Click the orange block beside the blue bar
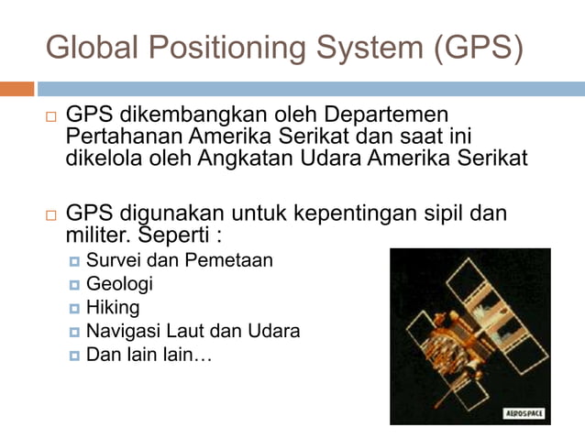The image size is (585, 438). [17, 89]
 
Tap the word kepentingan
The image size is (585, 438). [360, 214]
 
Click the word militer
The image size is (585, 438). [94, 235]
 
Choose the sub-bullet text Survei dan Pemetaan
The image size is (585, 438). [179, 260]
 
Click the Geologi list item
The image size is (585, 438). [119, 284]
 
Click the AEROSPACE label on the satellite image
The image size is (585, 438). [524, 413]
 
